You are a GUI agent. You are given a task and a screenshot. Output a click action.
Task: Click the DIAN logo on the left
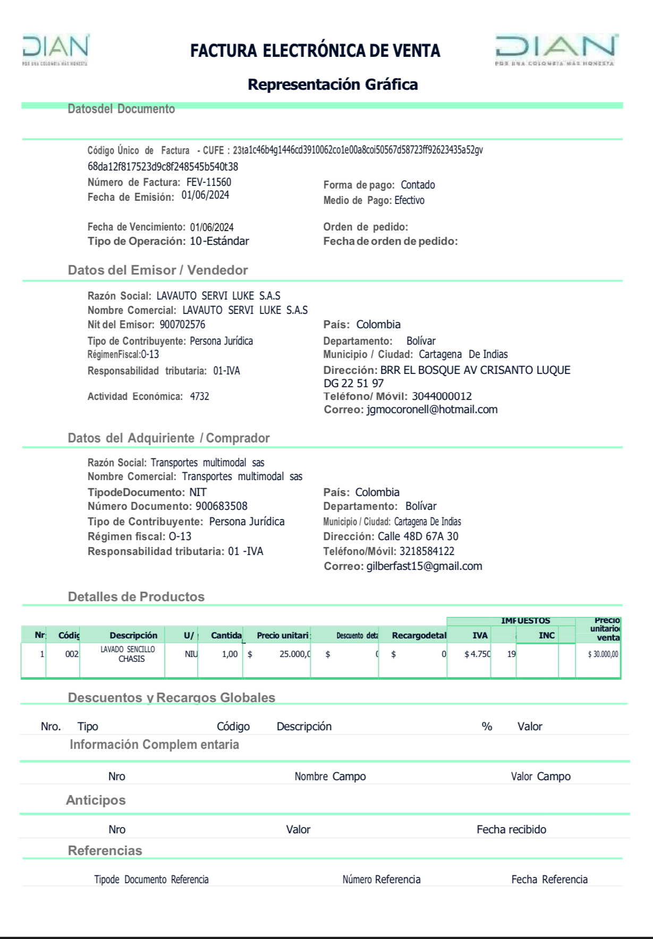(55, 49)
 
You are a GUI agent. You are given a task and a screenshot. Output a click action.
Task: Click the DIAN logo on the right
(555, 49)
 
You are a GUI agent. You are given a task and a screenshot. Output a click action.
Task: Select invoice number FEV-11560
(209, 182)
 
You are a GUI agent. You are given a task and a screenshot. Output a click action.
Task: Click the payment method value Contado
(418, 185)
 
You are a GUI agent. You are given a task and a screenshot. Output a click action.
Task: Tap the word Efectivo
(409, 200)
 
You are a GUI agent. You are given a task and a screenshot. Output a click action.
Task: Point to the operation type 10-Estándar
(219, 241)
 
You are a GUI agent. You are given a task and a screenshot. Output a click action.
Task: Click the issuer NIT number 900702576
(182, 325)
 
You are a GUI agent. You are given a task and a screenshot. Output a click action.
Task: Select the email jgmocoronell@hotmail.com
(432, 409)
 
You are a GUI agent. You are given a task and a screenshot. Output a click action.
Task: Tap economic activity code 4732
(199, 396)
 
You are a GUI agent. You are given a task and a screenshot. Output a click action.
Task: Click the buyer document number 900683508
(222, 506)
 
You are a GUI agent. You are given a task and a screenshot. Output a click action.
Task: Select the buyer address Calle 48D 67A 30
(418, 536)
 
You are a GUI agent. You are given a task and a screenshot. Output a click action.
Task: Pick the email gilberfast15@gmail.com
(425, 566)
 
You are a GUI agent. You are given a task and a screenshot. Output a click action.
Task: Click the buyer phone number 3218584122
(427, 551)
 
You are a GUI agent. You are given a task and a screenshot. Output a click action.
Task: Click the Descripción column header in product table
(133, 635)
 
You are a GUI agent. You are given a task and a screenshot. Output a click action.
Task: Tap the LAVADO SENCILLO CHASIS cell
(128, 654)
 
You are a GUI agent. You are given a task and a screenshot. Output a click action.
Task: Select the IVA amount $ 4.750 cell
(477, 654)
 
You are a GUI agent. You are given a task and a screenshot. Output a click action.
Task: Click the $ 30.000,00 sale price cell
(603, 654)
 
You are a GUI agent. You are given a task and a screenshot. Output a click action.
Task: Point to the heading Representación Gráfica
(333, 84)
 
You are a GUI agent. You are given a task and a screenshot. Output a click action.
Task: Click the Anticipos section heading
(96, 800)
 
